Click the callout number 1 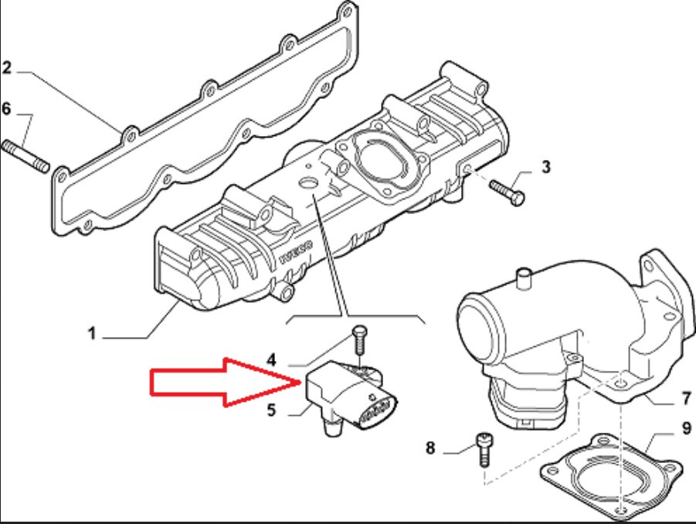click(x=92, y=333)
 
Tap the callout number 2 click(x=6, y=68)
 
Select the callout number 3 click(x=546, y=167)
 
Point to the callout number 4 click(x=271, y=359)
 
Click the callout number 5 click(x=272, y=410)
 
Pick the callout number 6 click(x=5, y=109)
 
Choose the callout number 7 click(x=687, y=398)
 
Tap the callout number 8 click(x=430, y=447)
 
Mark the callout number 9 click(x=686, y=428)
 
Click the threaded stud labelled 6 click(x=25, y=156)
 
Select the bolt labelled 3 click(x=507, y=192)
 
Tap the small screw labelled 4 click(x=359, y=341)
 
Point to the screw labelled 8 click(x=484, y=449)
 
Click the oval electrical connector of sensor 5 click(x=376, y=410)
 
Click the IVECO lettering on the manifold click(x=296, y=252)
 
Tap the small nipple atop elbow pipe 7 click(x=525, y=277)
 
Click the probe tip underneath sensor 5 click(x=332, y=427)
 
